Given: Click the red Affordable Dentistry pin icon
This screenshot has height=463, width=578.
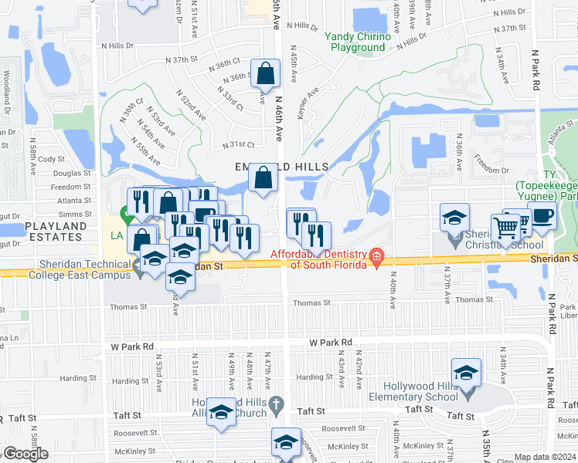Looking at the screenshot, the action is click(x=377, y=256).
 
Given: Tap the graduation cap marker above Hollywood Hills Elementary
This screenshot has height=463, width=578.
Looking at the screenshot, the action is click(x=466, y=373).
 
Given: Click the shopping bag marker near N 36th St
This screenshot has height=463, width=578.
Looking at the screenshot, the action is click(x=265, y=75).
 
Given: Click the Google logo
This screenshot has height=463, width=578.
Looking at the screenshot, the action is click(x=25, y=454).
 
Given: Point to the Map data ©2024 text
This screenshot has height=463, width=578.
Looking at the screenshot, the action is click(x=546, y=457).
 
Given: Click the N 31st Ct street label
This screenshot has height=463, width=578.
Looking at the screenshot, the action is click(x=238, y=145).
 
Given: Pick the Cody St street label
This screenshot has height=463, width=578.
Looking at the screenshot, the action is click(x=52, y=159).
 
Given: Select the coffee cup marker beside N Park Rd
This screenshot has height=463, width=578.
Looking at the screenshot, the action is click(x=542, y=218).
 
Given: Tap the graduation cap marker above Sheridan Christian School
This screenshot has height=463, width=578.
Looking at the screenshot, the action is click(x=455, y=219).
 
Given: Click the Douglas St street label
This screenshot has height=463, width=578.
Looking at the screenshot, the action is click(x=72, y=174).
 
